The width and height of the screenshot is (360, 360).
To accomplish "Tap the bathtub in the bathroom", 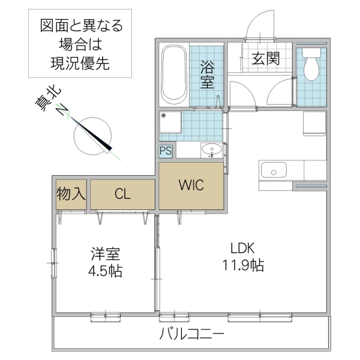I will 175,75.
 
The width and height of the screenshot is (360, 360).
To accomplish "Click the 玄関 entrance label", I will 265,59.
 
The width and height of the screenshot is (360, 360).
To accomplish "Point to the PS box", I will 166,151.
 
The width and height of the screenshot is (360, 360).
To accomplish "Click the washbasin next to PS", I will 210,150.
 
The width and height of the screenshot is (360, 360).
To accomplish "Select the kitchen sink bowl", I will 273,171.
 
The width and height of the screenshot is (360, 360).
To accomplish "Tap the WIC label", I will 191,185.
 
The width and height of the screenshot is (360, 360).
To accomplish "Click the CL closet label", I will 122,194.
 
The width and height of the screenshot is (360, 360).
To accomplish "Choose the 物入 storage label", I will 71,194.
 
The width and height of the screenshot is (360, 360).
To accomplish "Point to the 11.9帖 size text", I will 244,265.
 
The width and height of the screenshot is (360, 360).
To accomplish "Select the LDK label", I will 244,247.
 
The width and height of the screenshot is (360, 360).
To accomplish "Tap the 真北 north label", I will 48,99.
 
